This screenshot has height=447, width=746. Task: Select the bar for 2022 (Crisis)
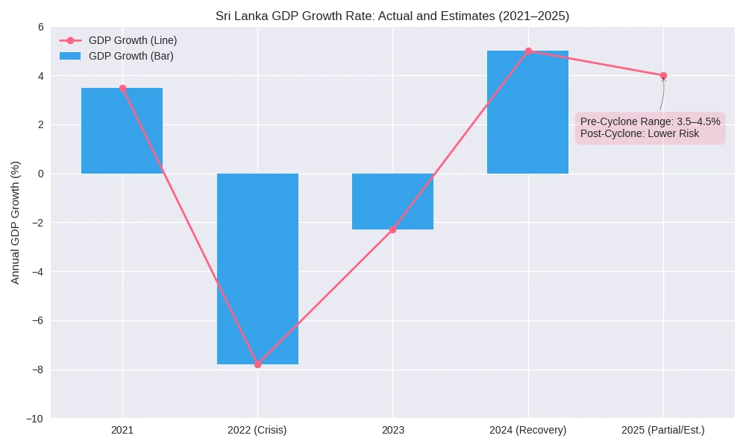tap(257, 269)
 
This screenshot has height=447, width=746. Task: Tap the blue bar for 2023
tap(392, 201)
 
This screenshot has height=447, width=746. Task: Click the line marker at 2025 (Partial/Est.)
tap(663, 75)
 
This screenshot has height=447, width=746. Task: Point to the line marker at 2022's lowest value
tap(257, 364)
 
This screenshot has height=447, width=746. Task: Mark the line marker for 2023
tap(392, 229)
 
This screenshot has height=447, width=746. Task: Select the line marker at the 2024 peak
tap(528, 51)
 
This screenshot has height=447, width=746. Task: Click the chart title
tap(392, 16)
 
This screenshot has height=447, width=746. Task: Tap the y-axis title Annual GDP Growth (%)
tap(16, 222)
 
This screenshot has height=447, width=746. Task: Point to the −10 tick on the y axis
tap(35, 419)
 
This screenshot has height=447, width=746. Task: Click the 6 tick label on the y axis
tap(40, 27)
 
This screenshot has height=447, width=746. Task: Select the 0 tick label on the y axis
tap(40, 174)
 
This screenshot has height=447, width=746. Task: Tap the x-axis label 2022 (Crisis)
tap(257, 430)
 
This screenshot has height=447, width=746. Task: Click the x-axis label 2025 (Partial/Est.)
tap(663, 430)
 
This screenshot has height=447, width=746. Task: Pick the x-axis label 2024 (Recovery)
tap(528, 430)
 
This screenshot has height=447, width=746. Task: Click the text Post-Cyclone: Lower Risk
tap(639, 134)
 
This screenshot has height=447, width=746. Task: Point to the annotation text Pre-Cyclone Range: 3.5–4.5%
tap(651, 121)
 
